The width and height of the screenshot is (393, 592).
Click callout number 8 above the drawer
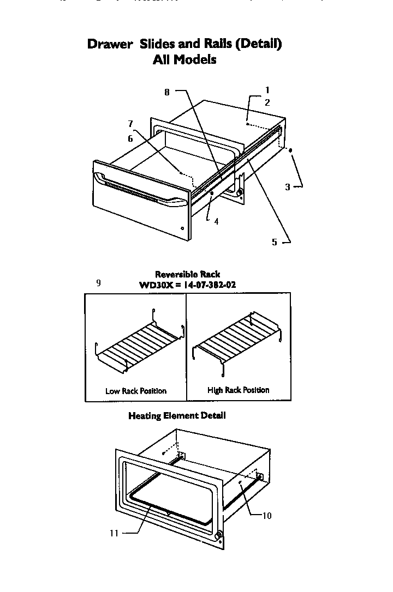[167, 93]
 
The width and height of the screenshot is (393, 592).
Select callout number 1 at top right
[267, 90]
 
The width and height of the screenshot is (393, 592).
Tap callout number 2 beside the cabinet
[267, 102]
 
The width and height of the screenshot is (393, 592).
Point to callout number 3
[288, 187]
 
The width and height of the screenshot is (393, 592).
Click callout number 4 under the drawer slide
[217, 221]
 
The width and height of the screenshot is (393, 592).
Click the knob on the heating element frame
[219, 536]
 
